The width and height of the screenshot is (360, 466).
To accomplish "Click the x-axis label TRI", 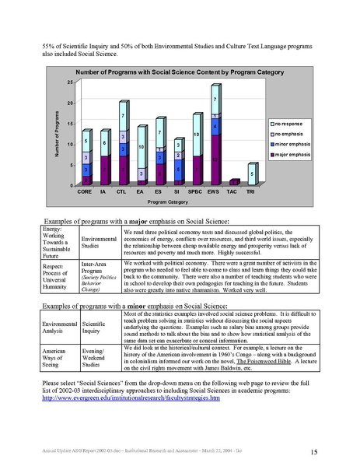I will (250, 191).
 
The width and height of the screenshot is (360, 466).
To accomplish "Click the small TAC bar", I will (232, 182).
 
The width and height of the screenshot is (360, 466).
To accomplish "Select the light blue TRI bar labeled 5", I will (250, 174).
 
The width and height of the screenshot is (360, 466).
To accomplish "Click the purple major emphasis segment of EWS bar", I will (214, 159).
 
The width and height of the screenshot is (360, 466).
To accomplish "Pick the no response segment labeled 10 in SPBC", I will (196, 135).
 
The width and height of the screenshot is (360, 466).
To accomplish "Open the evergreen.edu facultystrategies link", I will (131, 398).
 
